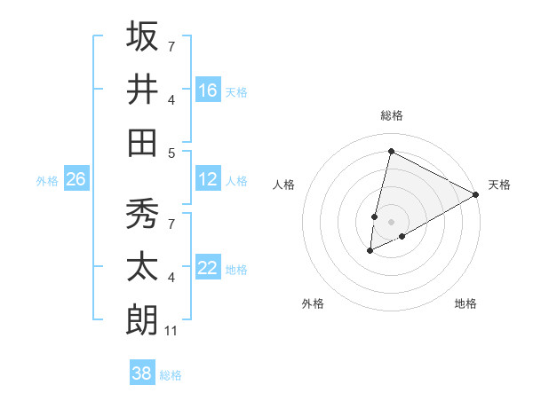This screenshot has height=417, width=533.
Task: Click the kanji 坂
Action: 142,36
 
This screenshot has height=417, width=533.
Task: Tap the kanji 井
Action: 142,89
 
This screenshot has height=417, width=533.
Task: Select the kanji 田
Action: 142,142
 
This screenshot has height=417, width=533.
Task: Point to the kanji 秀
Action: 142,214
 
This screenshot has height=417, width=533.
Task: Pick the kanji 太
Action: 142,267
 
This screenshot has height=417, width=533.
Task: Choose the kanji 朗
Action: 142,319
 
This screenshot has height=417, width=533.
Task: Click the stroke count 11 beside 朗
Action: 172,331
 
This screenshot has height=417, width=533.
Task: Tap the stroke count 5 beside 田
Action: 171,153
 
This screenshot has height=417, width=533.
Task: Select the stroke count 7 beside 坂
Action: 171,45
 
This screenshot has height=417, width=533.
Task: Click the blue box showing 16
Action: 208,90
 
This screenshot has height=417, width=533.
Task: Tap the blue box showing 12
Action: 208,179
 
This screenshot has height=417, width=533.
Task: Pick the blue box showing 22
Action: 208,268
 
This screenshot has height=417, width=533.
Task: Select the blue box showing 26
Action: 76,179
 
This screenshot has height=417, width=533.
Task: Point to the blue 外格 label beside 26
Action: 47,180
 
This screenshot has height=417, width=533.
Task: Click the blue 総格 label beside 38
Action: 171,374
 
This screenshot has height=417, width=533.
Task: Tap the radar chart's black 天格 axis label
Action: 500,185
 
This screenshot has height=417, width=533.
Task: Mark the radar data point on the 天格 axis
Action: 476,194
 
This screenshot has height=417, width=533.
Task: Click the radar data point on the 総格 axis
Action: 391,151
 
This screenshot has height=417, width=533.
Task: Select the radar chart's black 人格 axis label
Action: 283,185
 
